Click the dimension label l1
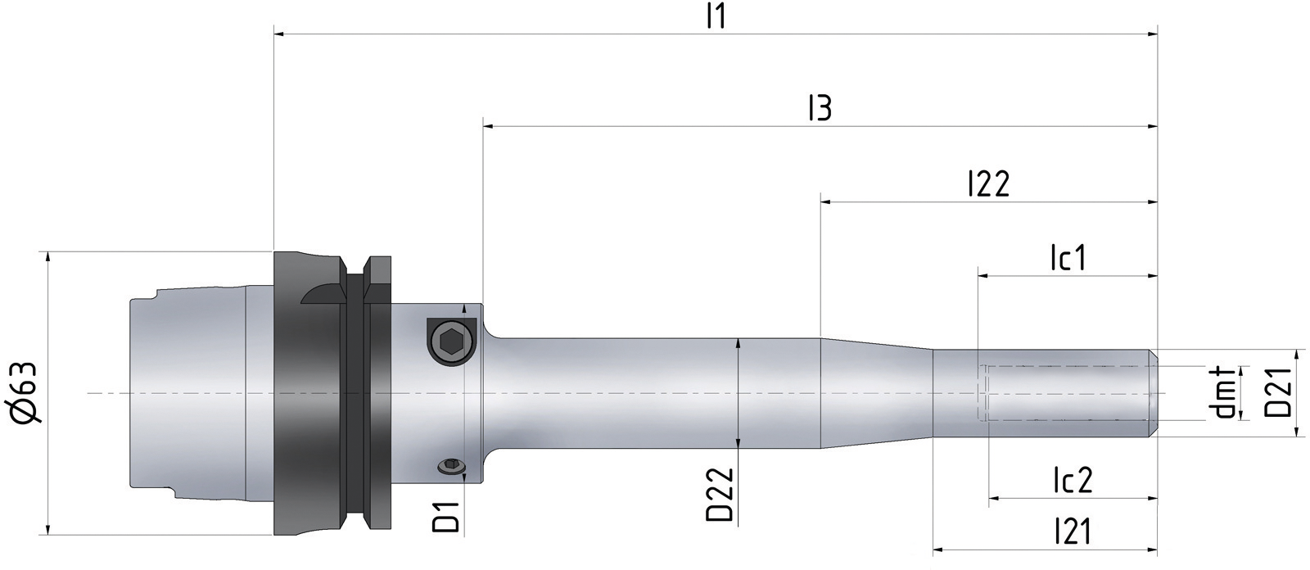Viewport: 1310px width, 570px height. point(716,17)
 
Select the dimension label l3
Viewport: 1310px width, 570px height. point(820,108)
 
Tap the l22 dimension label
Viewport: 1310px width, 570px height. point(988,183)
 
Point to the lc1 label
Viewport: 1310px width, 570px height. point(1068,258)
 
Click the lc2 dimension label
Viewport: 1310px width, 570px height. point(1072,481)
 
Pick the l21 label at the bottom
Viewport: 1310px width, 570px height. point(1072,533)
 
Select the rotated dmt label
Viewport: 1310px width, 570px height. point(1225,393)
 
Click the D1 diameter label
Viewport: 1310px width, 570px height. point(446,511)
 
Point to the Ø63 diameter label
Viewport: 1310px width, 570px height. point(26,393)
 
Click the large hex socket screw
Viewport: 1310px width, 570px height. point(451,339)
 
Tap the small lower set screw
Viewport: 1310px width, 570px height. point(449,468)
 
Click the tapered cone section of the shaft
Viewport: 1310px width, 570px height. point(876,393)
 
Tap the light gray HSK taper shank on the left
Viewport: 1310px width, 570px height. point(188,393)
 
